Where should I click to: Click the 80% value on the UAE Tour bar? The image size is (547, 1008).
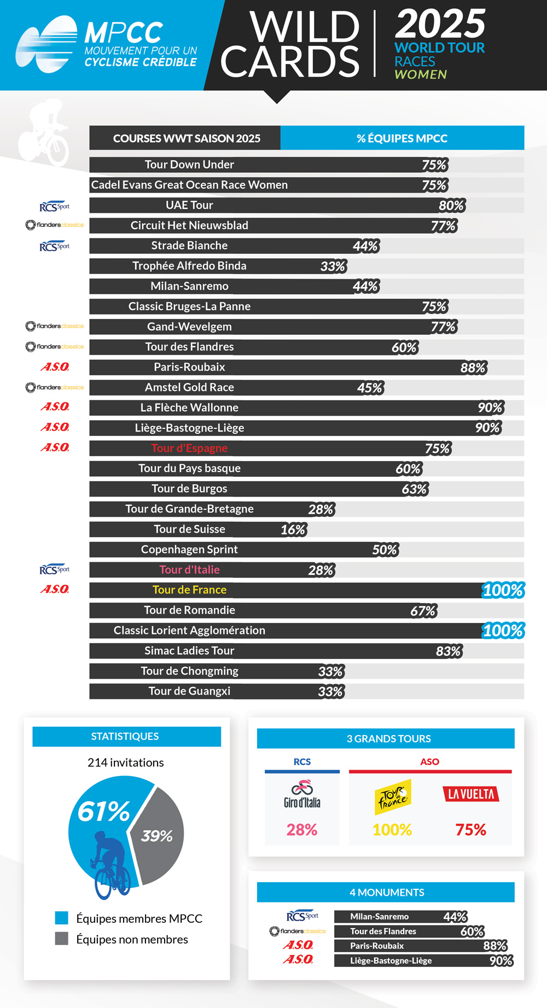(451, 206)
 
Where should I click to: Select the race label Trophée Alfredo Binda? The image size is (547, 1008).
(189, 266)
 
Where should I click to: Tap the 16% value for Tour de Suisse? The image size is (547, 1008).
(293, 529)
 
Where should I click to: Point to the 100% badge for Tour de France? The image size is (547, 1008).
(503, 590)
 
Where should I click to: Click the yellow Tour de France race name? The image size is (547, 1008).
(189, 590)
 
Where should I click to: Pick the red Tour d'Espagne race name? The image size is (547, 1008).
(189, 448)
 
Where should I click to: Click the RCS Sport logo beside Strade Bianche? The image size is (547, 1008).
(55, 246)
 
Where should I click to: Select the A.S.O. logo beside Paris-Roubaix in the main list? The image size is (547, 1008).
(55, 366)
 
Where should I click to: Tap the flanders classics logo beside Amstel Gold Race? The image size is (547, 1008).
(55, 387)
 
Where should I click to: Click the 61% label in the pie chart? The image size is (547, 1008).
(103, 811)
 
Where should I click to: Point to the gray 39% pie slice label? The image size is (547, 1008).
(157, 836)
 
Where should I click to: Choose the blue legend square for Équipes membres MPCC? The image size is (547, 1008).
(62, 918)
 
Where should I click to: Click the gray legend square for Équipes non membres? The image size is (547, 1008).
(62, 939)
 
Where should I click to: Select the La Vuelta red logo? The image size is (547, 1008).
(470, 794)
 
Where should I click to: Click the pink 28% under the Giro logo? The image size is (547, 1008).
(302, 830)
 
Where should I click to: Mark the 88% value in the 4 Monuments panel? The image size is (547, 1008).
(495, 946)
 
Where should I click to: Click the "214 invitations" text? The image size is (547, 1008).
(126, 762)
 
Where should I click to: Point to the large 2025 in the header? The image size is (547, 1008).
(440, 24)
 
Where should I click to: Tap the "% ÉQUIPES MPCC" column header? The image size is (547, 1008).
(402, 138)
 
